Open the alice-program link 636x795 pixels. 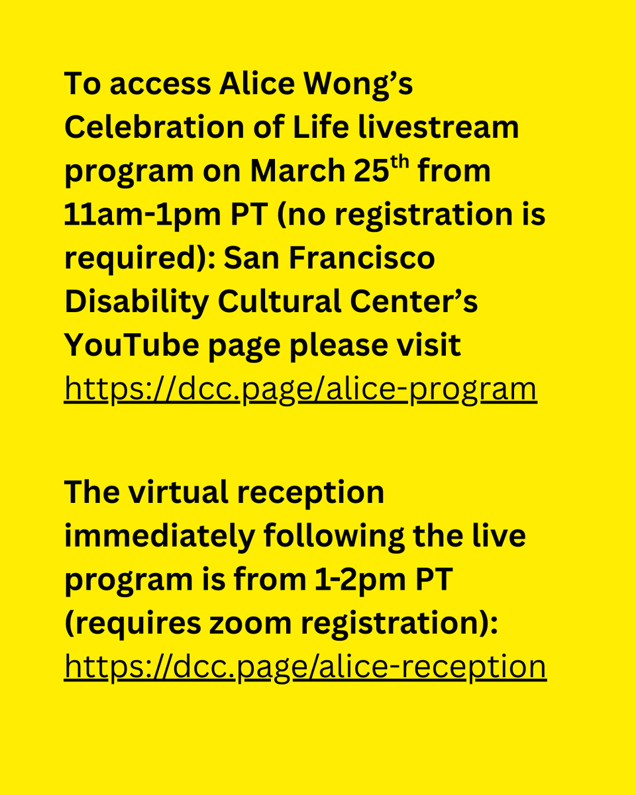point(300,390)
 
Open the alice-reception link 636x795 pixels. point(305,666)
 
